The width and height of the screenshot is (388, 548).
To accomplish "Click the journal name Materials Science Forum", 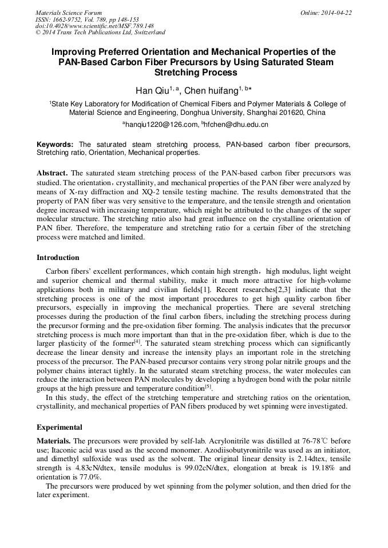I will tap(69, 13).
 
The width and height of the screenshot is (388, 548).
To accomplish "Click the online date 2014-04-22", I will tap(336, 13).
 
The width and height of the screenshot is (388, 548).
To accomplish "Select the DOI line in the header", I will tap(94, 26).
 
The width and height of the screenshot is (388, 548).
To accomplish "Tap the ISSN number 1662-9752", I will tap(70, 19).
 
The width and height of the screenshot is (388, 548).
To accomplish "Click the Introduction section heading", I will tap(58, 258).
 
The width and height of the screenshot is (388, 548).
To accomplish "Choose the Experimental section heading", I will tap(60, 427).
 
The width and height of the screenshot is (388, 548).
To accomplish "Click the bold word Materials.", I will tap(54, 441).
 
